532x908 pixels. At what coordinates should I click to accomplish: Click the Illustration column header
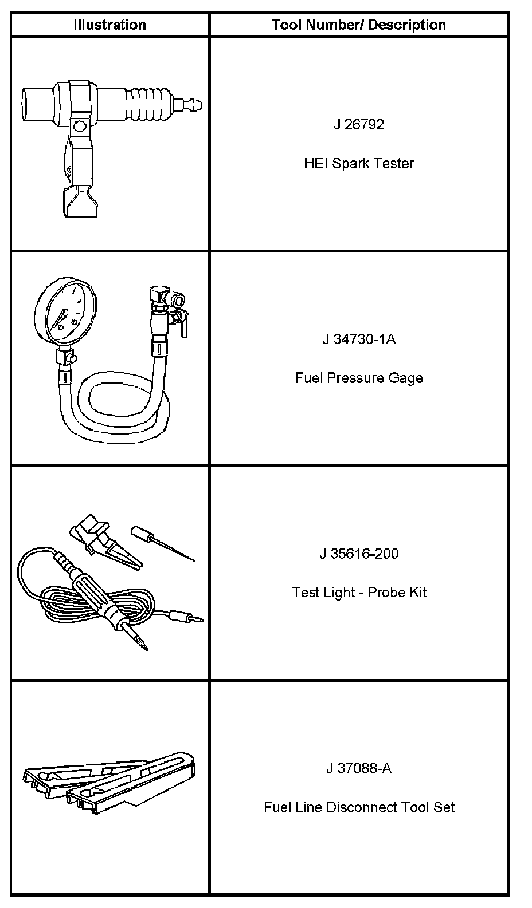click(109, 25)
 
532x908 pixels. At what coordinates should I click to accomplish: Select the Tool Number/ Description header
click(358, 25)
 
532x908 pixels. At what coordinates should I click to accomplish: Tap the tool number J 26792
click(358, 125)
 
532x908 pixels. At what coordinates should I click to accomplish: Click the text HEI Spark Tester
click(358, 164)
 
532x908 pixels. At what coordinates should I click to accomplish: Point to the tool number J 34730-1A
click(358, 339)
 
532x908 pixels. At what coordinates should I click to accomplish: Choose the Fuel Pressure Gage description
click(358, 378)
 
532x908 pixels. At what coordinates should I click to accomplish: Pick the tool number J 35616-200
click(358, 554)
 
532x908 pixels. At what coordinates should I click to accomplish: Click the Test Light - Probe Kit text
click(358, 593)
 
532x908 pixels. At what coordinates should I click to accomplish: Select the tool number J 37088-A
click(358, 768)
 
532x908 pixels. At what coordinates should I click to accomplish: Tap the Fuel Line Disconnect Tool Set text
click(358, 807)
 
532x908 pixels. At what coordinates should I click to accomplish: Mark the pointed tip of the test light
click(140, 641)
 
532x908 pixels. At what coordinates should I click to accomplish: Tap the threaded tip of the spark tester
click(195, 106)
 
